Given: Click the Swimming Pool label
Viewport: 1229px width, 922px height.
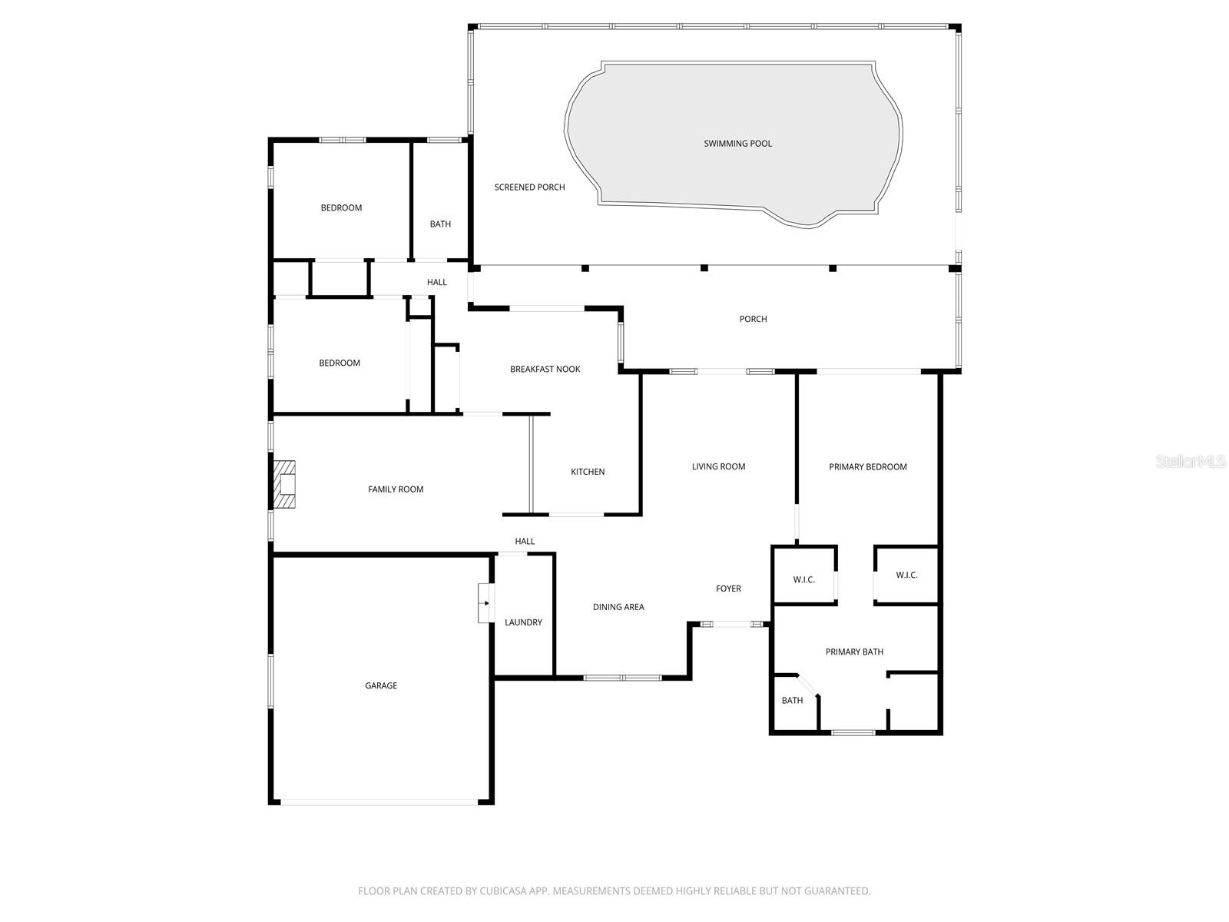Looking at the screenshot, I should (737, 144).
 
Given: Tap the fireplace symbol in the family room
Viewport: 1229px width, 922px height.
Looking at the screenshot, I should (286, 485).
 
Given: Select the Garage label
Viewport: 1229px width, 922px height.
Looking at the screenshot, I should (381, 685).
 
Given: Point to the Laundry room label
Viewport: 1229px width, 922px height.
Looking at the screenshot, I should (523, 622).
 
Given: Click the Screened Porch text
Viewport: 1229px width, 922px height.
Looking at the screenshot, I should (529, 187).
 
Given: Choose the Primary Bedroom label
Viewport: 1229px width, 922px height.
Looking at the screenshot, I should (868, 466).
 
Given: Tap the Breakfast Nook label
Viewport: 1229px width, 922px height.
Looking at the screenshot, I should (545, 369).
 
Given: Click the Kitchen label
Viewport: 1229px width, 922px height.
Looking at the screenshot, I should (588, 472).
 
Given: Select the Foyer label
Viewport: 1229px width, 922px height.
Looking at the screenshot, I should (728, 589).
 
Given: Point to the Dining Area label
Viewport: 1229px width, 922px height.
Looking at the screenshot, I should (618, 607).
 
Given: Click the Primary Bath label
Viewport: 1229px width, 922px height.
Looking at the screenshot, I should (854, 652).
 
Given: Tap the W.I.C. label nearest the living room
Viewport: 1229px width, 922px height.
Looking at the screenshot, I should (803, 579).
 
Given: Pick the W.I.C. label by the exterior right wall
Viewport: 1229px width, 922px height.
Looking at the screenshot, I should (906, 575).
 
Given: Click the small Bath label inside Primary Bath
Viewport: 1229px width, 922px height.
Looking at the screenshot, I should (792, 700).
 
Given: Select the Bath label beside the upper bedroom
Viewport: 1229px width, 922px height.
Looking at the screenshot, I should (440, 224).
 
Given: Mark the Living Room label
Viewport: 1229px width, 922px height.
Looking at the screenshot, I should (718, 466).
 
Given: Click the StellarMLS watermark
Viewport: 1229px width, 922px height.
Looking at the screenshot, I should (1191, 462).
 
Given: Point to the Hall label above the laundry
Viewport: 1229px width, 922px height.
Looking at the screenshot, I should (525, 541).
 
